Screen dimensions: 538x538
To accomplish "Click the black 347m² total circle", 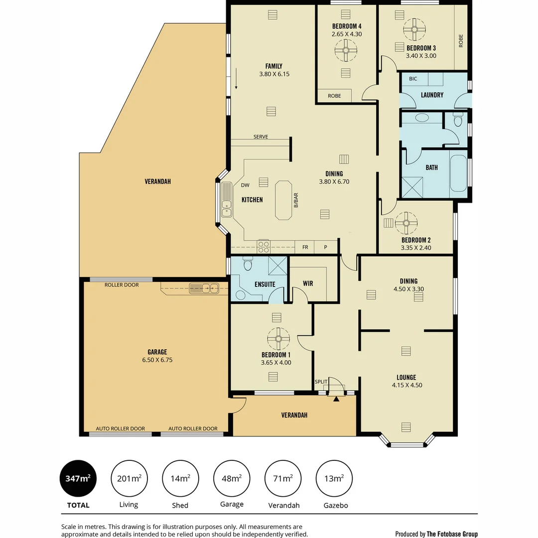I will tap(78, 479).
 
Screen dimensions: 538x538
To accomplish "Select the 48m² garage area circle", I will tap(232, 479).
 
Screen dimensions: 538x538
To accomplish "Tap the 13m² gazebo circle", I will tap(334, 479).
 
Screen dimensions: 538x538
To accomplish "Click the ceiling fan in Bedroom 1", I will tap(278, 339).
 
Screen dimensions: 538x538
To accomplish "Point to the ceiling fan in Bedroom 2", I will tap(406, 223).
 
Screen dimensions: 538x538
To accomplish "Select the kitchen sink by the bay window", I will tap(226, 199).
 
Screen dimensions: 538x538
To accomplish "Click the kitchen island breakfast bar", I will tap(284, 200).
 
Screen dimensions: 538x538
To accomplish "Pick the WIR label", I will tap(308, 283).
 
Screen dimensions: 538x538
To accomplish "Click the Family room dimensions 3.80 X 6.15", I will tap(274, 74).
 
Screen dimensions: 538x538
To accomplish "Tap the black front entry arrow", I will tap(336, 398).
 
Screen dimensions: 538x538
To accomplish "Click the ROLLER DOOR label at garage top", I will tap(122, 285).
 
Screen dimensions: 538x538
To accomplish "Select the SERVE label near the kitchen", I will tap(261, 136).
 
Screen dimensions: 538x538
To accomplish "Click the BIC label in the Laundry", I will tap(413, 79).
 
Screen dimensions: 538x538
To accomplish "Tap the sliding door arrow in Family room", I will tap(237, 79).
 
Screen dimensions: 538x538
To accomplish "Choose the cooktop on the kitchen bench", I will tap(263, 247).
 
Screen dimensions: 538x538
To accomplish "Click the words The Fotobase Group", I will tap(452, 534).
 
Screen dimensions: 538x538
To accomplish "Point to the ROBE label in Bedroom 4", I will tap(334, 96).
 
